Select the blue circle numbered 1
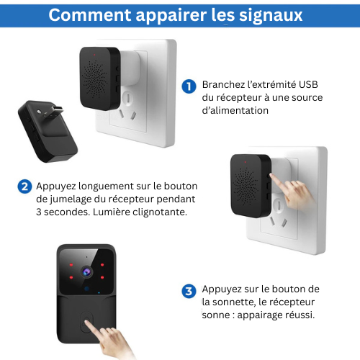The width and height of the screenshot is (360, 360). click(189, 86)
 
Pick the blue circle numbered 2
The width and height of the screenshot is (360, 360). click(24, 186)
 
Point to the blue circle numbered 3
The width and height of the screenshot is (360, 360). click(189, 291)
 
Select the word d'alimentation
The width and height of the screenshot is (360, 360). click(235, 111)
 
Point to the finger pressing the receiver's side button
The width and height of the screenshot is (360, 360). click(292, 192)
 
